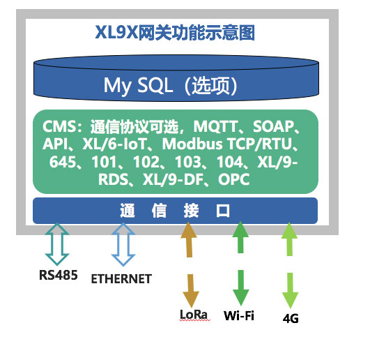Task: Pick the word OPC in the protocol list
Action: click(x=233, y=180)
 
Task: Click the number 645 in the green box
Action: click(x=63, y=163)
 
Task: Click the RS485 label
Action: click(x=58, y=274)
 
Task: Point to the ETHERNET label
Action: click(x=121, y=279)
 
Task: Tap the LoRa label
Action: click(x=194, y=315)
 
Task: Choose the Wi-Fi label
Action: click(x=239, y=315)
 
